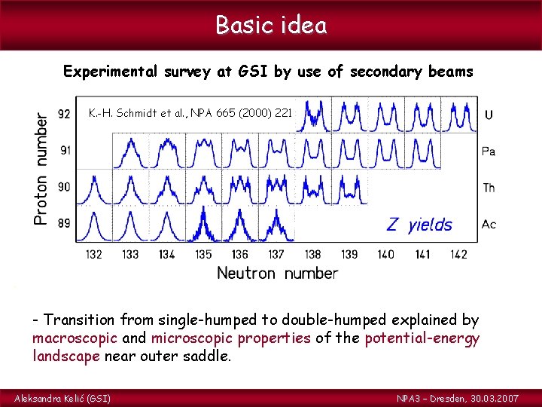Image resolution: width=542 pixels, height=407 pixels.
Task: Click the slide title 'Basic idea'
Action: coord(271,25)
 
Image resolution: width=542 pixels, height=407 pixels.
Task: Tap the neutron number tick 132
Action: coord(93,255)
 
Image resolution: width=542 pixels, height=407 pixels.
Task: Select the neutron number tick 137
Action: coord(276,255)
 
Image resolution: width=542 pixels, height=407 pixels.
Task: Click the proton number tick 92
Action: coord(65,115)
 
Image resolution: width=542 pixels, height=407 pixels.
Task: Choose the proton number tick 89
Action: coord(65,224)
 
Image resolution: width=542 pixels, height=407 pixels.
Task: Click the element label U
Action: coord(489,115)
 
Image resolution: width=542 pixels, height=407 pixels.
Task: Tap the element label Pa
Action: coord(489,151)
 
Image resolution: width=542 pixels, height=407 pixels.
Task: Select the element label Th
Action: coord(489,188)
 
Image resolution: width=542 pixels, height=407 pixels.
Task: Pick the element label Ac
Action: coord(489,225)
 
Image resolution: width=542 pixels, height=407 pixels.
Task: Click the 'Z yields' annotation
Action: coord(419,225)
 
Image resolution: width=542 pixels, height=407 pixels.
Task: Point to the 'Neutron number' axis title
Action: coord(277,273)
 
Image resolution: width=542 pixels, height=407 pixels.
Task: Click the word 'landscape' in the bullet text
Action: coord(65,356)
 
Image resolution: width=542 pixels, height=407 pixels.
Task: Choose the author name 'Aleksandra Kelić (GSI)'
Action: coord(62,397)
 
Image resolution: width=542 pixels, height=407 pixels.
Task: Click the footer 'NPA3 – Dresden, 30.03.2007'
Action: coord(458,397)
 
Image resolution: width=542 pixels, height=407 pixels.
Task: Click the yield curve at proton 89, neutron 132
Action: coord(95,226)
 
